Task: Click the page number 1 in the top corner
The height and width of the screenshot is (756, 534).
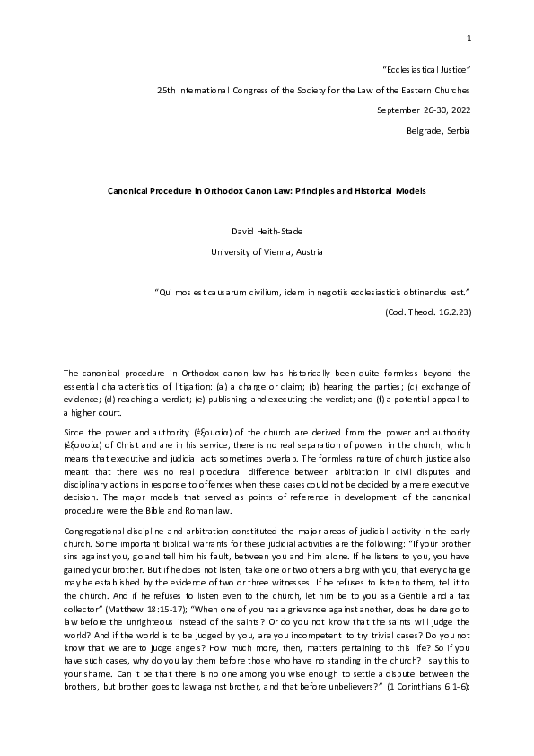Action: pos(468,37)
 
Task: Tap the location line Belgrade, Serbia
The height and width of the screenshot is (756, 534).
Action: pos(438,131)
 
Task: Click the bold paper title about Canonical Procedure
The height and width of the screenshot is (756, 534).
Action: pos(267,191)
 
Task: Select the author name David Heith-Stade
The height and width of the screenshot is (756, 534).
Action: pos(267,233)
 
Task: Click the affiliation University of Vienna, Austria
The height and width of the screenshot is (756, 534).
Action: pos(267,252)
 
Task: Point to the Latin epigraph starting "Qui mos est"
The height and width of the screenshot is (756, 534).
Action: pos(313,293)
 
